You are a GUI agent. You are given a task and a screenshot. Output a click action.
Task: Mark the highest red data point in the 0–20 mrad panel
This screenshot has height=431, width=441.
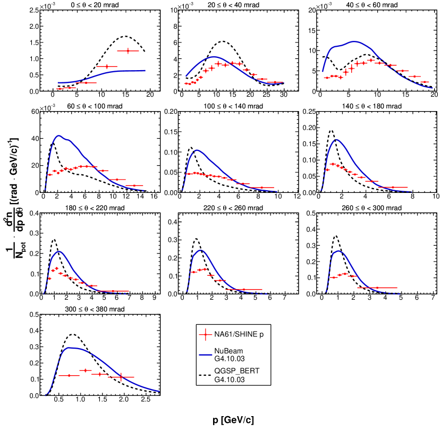pos(128,51)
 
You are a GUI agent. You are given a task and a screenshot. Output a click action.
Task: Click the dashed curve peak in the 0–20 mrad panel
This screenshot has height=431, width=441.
pos(125,36)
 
